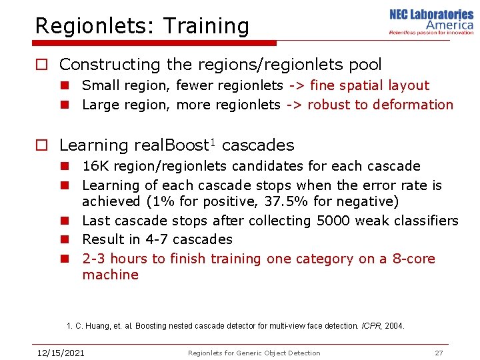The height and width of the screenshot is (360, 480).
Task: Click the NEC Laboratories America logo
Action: pyautogui.click(x=431, y=22)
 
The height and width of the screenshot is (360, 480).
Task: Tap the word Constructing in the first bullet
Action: pyautogui.click(x=101, y=65)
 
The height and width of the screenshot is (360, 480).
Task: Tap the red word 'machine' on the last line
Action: pyautogui.click(x=110, y=275)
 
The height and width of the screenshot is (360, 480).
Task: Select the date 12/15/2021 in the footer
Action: pyautogui.click(x=60, y=353)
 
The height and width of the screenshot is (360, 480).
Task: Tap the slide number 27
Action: pyautogui.click(x=439, y=353)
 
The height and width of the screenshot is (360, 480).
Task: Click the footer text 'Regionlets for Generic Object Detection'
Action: pyautogui.click(x=254, y=353)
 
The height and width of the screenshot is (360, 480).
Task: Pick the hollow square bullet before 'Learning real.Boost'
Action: pyautogui.click(x=41, y=146)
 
